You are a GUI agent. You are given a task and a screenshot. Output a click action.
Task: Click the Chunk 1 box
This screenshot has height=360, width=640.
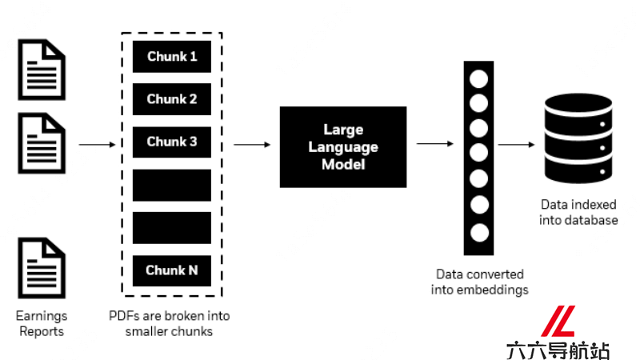click(x=172, y=56)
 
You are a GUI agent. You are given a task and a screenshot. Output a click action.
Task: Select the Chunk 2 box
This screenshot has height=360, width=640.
click(x=172, y=99)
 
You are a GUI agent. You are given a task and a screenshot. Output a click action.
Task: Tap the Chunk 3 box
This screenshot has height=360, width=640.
click(x=172, y=142)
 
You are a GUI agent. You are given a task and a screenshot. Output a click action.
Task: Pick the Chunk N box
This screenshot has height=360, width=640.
click(x=172, y=270)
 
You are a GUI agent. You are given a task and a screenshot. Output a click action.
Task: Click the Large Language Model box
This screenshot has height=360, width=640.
click(x=343, y=147)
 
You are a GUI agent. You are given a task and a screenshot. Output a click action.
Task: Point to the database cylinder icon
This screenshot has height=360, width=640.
click(x=578, y=138)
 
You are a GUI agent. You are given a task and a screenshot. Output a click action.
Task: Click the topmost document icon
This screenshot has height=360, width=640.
click(x=42, y=70)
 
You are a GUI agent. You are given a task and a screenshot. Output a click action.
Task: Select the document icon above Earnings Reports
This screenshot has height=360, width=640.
click(x=42, y=268)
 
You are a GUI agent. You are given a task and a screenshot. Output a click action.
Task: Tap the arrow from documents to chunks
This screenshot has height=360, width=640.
click(x=97, y=145)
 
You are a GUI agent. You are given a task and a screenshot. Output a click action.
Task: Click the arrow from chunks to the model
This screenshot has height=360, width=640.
click(x=252, y=145)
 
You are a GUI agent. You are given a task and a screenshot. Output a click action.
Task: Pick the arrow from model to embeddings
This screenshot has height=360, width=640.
click(x=435, y=144)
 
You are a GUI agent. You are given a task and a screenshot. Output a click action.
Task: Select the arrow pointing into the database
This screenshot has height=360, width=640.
click(x=516, y=145)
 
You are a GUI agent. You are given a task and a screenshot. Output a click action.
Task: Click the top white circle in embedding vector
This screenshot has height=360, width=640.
click(x=478, y=78)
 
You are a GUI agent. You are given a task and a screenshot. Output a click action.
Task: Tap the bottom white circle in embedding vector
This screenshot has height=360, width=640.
click(x=479, y=233)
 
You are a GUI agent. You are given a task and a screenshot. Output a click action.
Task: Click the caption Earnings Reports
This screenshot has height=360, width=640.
click(x=42, y=323)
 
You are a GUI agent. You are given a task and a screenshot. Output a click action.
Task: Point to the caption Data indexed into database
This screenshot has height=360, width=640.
click(x=578, y=212)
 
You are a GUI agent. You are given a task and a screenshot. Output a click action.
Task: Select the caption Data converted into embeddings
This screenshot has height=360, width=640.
click(x=479, y=282)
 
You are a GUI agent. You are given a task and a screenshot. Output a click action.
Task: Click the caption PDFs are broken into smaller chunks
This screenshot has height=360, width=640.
click(x=169, y=323)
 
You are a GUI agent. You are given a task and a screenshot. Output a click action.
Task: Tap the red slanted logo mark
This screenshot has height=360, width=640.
click(x=558, y=321)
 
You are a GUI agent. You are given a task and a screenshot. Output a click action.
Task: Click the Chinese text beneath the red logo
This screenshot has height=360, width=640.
click(x=558, y=350)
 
